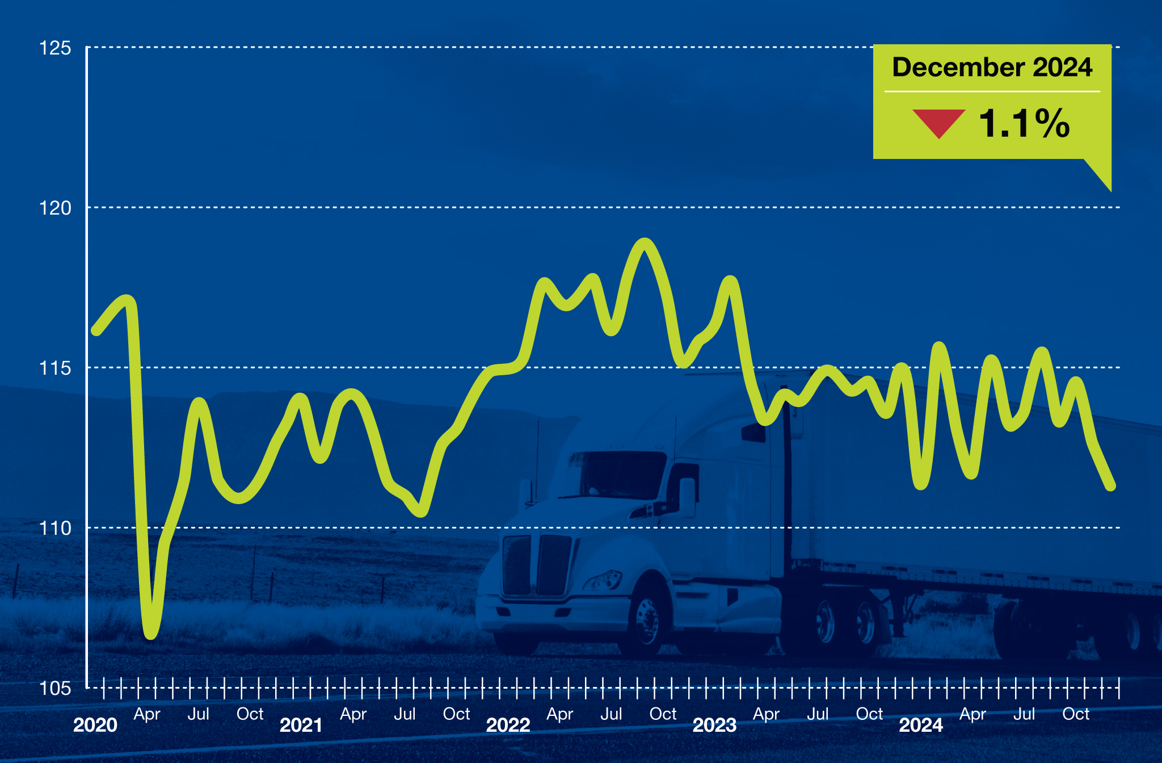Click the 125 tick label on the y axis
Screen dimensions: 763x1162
coord(55,48)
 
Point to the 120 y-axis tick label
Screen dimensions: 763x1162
coord(55,208)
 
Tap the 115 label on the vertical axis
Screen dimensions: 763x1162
coord(55,368)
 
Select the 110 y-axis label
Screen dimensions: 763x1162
coord(55,528)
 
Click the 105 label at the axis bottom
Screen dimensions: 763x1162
coord(55,688)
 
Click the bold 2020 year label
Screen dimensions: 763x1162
coord(95,725)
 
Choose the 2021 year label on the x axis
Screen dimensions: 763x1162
coord(301,725)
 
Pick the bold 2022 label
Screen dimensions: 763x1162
coord(508,725)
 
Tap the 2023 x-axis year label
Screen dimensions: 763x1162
coord(714,725)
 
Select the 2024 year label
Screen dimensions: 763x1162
coord(921,725)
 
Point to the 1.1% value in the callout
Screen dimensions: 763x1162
coord(1024,123)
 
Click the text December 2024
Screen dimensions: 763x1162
coord(992,67)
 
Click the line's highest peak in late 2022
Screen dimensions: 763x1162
coord(645,244)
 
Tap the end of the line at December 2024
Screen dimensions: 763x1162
coord(1111,485)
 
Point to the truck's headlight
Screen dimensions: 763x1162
coord(603,580)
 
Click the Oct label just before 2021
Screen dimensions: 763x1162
coord(250,714)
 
